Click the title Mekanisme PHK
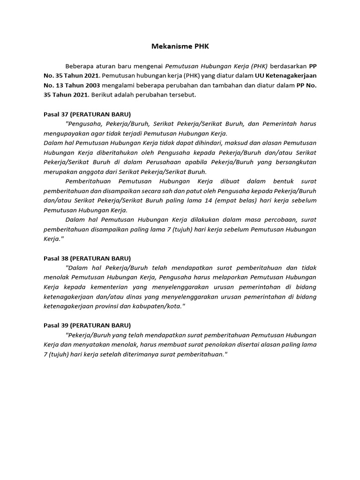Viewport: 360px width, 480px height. tap(180, 46)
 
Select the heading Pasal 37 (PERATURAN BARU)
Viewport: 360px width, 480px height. tap(87, 114)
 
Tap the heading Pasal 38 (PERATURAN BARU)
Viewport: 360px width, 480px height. tap(87, 258)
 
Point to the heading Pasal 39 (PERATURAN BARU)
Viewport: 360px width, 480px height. tap(87, 325)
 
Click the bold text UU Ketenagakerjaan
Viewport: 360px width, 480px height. tap(285, 75)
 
